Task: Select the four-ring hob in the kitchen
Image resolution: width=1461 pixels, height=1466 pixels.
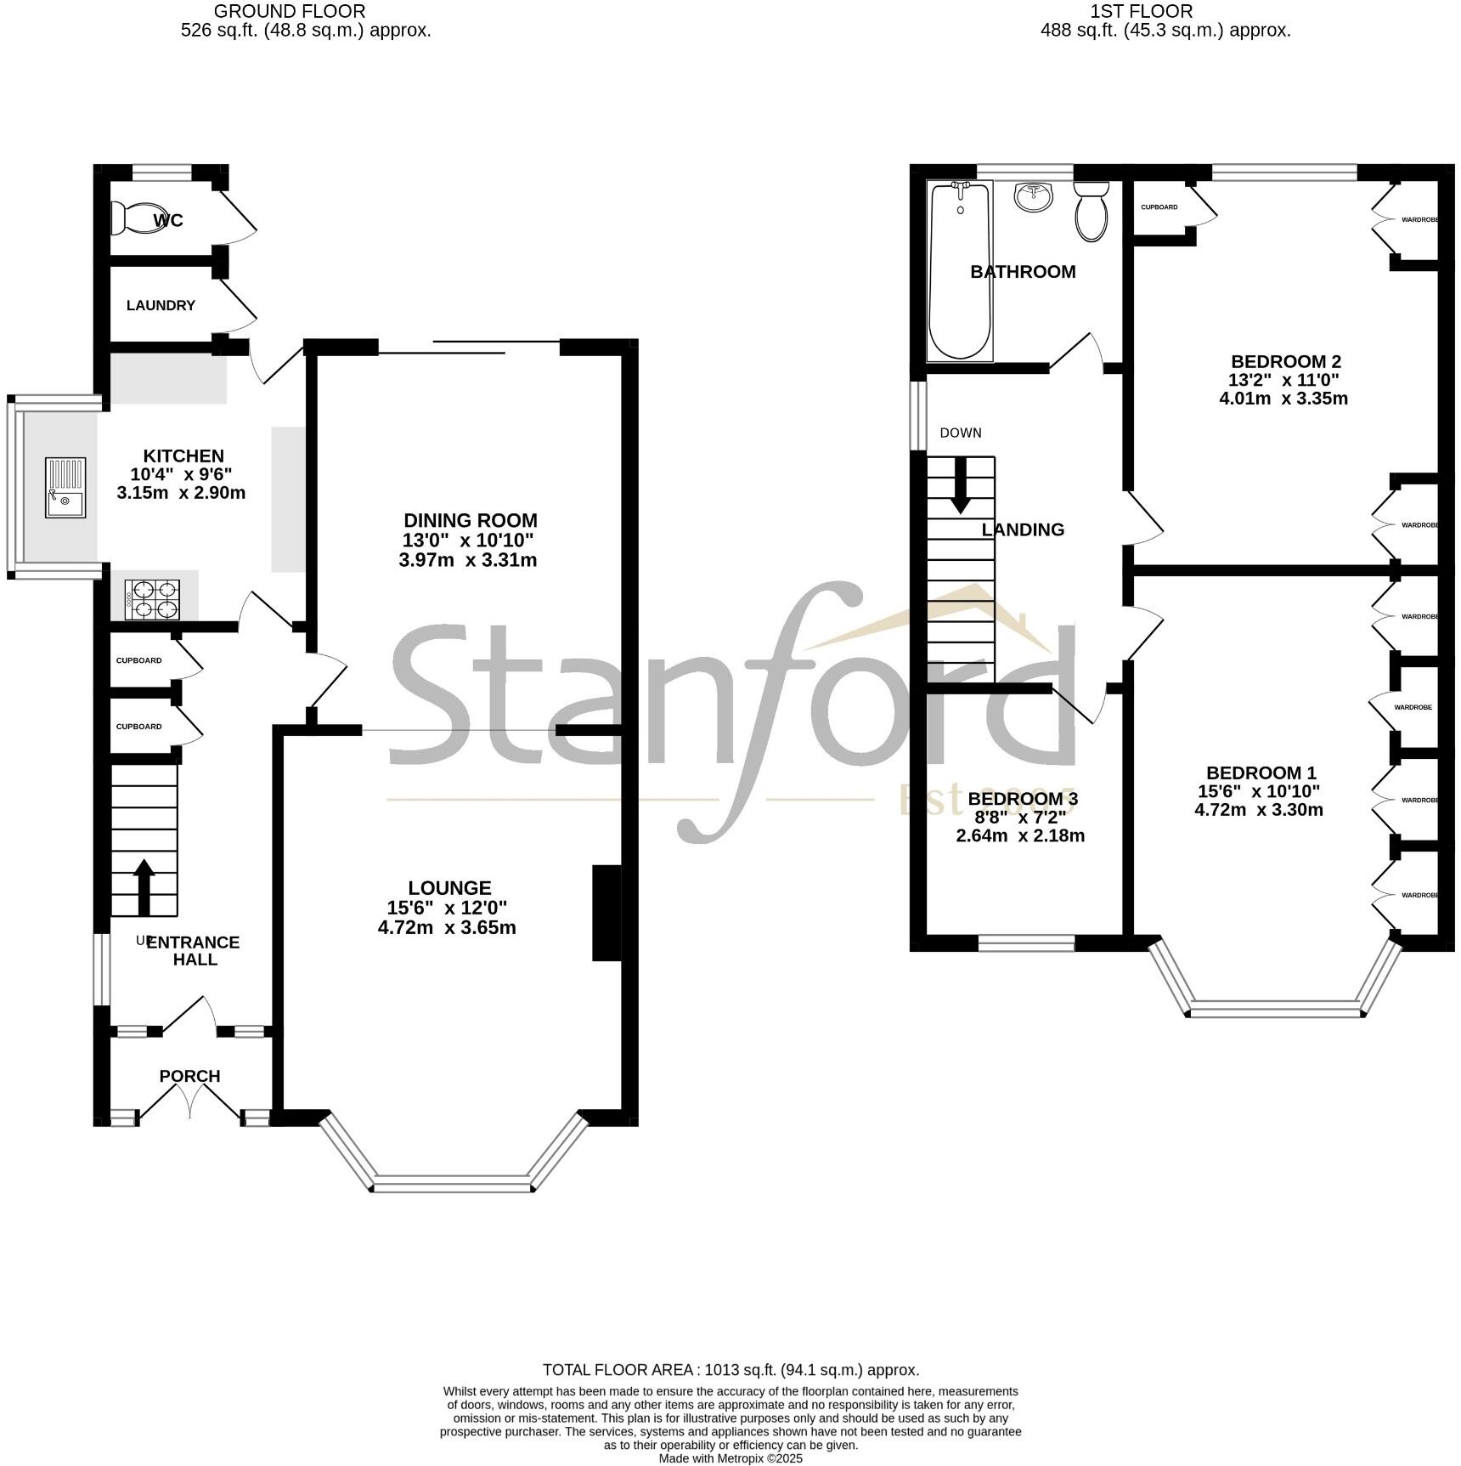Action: pyautogui.click(x=153, y=598)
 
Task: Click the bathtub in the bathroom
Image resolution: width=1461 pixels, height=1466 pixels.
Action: pyautogui.click(x=961, y=270)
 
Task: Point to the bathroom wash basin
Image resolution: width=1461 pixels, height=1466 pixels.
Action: pyautogui.click(x=1033, y=197)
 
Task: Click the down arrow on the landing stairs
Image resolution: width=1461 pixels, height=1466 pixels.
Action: pyautogui.click(x=961, y=486)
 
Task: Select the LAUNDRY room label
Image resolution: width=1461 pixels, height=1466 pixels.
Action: pyautogui.click(x=161, y=305)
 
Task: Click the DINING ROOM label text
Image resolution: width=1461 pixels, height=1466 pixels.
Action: pyautogui.click(x=470, y=520)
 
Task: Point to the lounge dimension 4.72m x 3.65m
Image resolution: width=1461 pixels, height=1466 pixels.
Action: pyautogui.click(x=447, y=927)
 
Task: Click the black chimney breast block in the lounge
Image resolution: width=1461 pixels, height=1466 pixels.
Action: pyautogui.click(x=606, y=913)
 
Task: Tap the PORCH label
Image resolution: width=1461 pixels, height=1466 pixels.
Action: pyautogui.click(x=189, y=1076)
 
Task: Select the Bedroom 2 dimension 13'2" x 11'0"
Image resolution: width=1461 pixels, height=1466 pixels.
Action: pyautogui.click(x=1284, y=380)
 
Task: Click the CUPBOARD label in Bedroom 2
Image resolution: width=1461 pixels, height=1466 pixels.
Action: pyautogui.click(x=1159, y=207)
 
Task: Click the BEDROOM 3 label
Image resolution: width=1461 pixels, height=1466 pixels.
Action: pyautogui.click(x=1022, y=799)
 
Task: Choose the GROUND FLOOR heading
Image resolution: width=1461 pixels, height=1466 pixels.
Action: pyautogui.click(x=290, y=11)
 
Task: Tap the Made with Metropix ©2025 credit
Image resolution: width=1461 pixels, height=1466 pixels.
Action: pyautogui.click(x=730, y=1458)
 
